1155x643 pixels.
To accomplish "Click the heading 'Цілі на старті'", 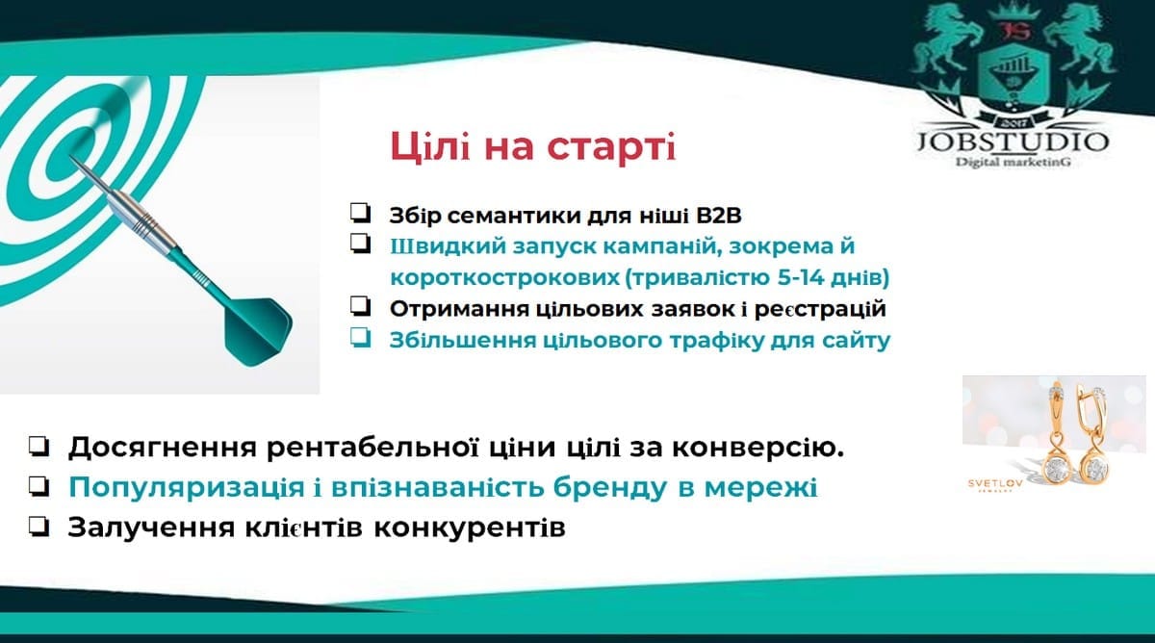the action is [x=532, y=147].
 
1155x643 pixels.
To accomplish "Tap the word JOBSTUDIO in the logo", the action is [x=1014, y=141].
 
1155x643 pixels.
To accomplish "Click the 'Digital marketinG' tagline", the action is [x=1014, y=162].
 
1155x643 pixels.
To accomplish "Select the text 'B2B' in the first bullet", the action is [x=718, y=216].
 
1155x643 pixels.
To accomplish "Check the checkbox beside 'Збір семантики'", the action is [x=360, y=213].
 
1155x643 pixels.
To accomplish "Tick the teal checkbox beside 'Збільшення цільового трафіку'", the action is [x=360, y=338].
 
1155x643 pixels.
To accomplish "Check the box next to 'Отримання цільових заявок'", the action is [x=360, y=306].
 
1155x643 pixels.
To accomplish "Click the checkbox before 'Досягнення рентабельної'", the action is [x=39, y=447].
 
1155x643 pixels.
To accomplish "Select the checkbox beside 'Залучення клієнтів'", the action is [x=39, y=527].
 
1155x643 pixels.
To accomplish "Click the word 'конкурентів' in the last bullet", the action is [x=470, y=527].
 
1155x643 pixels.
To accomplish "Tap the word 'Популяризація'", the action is [x=187, y=488].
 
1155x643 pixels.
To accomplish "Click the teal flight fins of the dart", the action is [x=257, y=331].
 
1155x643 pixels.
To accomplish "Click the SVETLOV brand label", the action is [x=994, y=483].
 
